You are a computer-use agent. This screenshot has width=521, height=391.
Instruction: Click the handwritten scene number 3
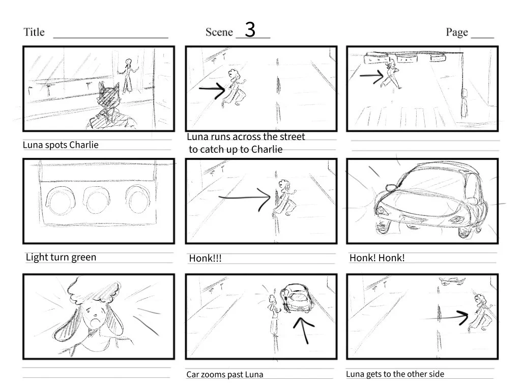point(250,30)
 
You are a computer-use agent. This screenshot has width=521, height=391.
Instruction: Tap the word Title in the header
point(34,32)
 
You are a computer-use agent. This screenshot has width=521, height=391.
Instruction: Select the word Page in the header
point(457,32)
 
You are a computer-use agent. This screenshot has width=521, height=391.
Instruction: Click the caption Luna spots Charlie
point(61,145)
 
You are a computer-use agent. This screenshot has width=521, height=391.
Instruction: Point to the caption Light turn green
point(61,257)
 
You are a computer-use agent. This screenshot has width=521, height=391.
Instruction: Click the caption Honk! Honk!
point(377,258)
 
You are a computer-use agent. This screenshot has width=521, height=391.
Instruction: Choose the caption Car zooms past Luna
point(224,375)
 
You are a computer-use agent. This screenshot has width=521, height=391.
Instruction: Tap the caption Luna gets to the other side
point(395,374)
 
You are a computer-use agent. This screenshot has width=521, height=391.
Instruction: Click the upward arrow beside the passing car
point(303,328)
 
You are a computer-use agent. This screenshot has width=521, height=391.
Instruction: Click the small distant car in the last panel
point(451,280)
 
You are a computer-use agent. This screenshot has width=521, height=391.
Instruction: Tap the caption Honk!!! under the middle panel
point(205,259)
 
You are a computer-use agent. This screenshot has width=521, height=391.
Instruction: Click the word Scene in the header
point(219,32)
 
